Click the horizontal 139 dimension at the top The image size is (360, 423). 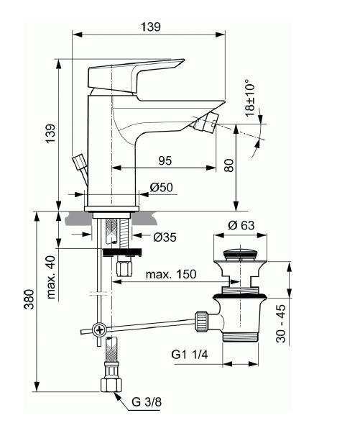click(x=151, y=27)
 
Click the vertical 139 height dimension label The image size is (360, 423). click(x=50, y=134)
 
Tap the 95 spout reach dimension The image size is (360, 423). click(x=165, y=161)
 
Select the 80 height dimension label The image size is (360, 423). click(x=229, y=165)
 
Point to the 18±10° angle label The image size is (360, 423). click(x=250, y=98)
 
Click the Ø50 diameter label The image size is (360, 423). click(x=161, y=187)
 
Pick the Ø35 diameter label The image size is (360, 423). click(x=165, y=237)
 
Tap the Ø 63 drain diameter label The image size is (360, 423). click(x=241, y=225)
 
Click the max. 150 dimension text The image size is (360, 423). click(x=171, y=274)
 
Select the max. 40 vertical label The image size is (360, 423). click(x=51, y=277)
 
